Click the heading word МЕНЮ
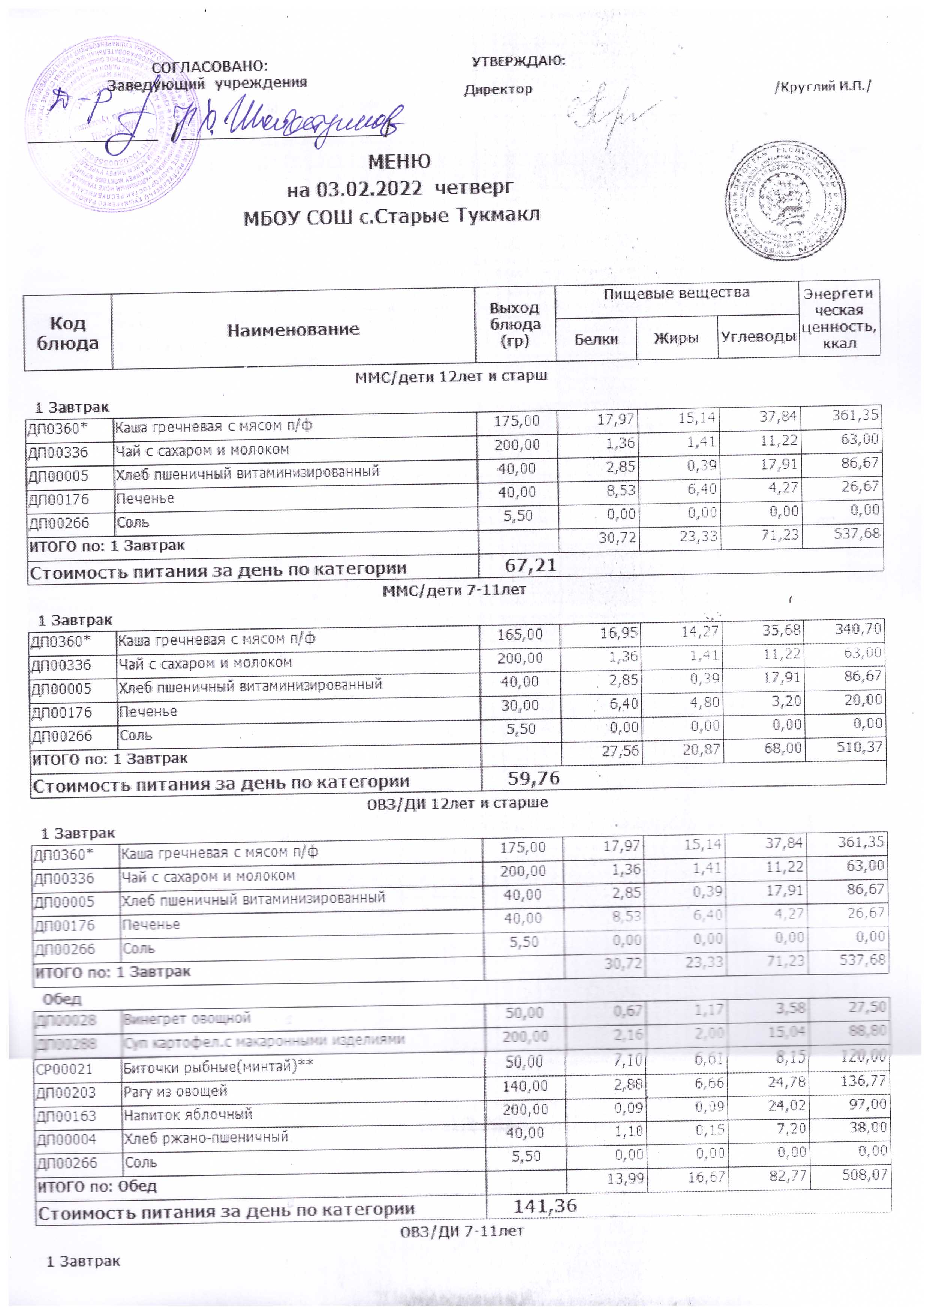pos(399,162)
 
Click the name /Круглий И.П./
pos(823,88)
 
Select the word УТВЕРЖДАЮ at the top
pos(518,61)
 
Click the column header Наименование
pos(293,330)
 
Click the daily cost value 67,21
pos(530,566)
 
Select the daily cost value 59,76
pos(533,778)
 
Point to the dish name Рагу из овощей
pos(175,1091)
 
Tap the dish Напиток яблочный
pos(188,1114)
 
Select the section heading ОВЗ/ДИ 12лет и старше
pos(457,802)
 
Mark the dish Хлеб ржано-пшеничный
pos(206,1138)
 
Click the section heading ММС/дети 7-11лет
pos(454,590)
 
